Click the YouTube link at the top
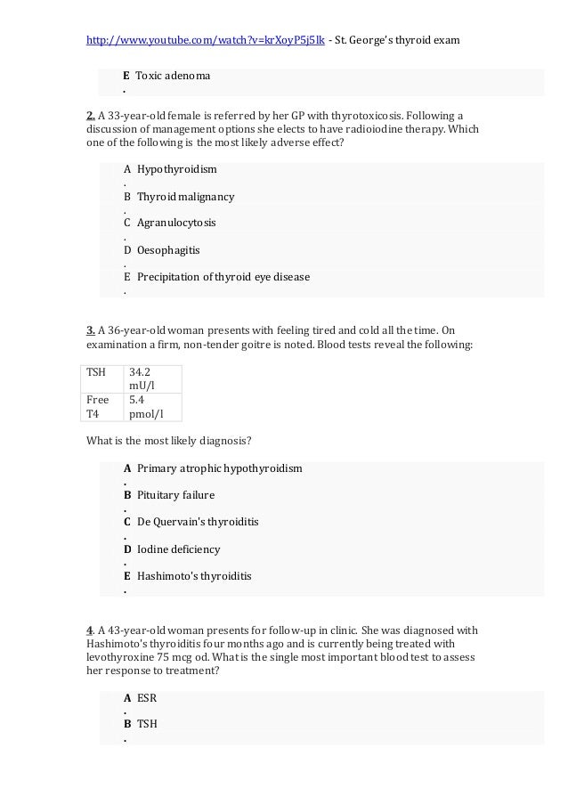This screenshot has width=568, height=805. (x=205, y=40)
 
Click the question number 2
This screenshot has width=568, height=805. (x=90, y=115)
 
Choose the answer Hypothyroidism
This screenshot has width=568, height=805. (x=176, y=169)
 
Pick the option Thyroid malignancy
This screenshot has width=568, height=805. (x=185, y=196)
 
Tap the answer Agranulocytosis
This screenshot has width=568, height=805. (x=176, y=223)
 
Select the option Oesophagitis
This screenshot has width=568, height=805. (x=168, y=250)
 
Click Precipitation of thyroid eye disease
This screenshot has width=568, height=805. (x=223, y=277)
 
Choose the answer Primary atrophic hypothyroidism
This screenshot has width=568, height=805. (x=219, y=468)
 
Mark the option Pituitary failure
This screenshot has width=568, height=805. (x=175, y=495)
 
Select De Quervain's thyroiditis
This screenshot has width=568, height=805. (x=198, y=522)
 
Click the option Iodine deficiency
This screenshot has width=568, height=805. (x=178, y=549)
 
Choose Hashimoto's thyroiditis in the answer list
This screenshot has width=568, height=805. (x=194, y=576)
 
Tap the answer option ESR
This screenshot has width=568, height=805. (x=147, y=698)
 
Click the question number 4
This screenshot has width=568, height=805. (x=90, y=630)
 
